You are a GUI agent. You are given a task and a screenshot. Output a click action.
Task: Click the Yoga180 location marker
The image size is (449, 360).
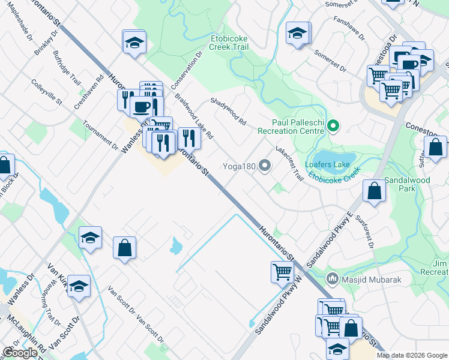point(265,167)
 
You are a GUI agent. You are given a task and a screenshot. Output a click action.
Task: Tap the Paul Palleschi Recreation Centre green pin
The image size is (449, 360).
point(335,126)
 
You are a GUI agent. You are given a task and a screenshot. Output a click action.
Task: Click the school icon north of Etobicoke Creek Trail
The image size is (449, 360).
point(297,34)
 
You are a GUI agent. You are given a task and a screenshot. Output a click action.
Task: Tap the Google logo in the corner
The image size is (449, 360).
point(20,353)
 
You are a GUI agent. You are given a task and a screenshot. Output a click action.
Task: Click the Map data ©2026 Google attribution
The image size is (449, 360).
point(412,355)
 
